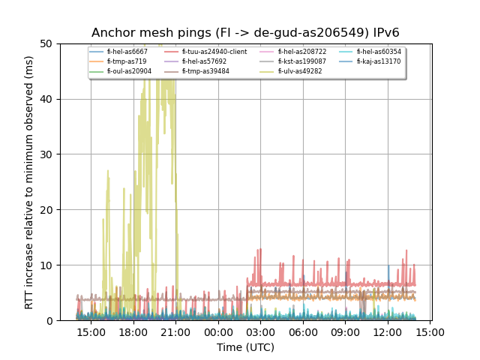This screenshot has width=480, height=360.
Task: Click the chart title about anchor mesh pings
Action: click(245, 33)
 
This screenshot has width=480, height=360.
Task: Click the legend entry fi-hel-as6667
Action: click(127, 52)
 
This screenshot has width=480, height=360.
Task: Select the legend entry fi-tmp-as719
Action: click(126, 61)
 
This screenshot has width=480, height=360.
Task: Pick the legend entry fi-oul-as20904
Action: click(129, 71)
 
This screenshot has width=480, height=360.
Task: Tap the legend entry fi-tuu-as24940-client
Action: click(214, 52)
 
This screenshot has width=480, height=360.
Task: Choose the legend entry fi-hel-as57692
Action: click(204, 61)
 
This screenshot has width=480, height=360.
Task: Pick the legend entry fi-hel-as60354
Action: click(379, 52)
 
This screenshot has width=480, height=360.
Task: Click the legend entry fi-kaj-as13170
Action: click(378, 61)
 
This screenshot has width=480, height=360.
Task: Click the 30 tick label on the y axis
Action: click(49, 154)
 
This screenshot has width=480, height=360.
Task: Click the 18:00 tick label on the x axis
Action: click(133, 331)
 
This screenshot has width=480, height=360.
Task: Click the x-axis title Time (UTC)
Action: click(245, 347)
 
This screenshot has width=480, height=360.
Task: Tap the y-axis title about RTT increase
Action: click(29, 182)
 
